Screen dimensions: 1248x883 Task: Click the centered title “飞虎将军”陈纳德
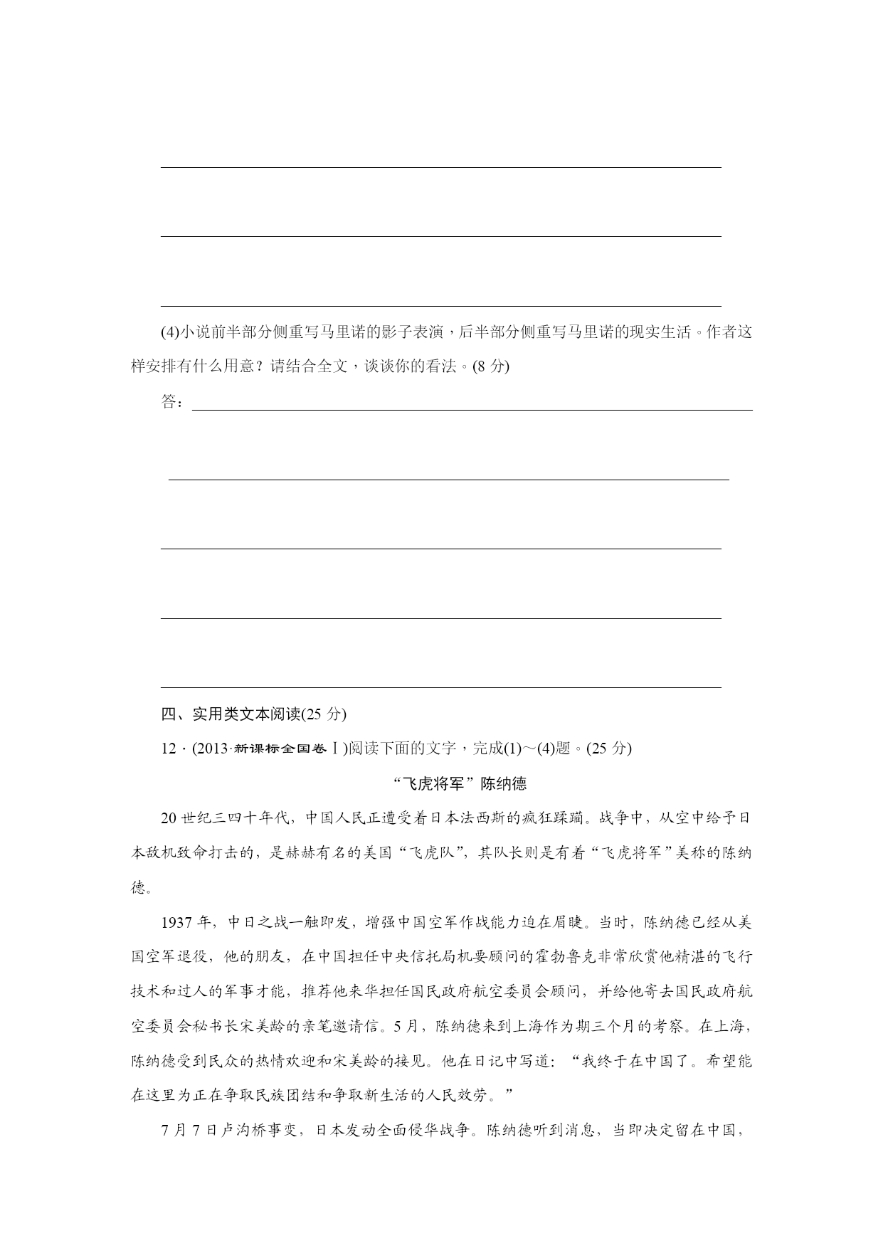click(460, 783)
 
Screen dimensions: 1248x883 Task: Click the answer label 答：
click(173, 403)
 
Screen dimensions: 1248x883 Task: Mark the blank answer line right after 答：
click(472, 408)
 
